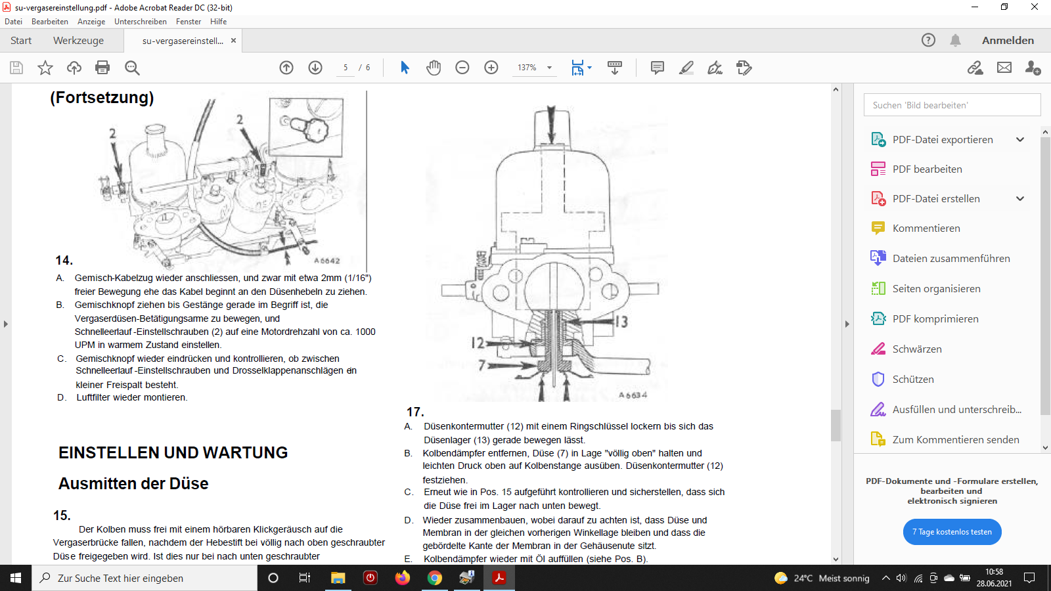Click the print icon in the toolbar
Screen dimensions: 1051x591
(102, 68)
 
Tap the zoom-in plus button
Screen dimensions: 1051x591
(491, 68)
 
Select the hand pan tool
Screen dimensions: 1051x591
(434, 68)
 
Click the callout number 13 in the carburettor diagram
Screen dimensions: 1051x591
(621, 322)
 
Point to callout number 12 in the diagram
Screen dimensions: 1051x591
(477, 343)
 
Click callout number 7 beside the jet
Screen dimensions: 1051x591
(481, 364)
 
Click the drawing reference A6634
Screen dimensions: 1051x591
(633, 395)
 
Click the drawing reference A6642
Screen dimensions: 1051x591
(326, 260)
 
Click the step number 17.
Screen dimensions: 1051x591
(414, 412)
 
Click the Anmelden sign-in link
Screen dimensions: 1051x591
(1008, 40)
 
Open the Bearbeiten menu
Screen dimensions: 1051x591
(50, 22)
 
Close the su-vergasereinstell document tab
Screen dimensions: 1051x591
(233, 41)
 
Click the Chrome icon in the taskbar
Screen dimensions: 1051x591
(434, 578)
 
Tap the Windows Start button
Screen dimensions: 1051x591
(16, 578)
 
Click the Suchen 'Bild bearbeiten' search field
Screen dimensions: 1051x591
(952, 105)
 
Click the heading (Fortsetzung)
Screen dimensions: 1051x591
(102, 98)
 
